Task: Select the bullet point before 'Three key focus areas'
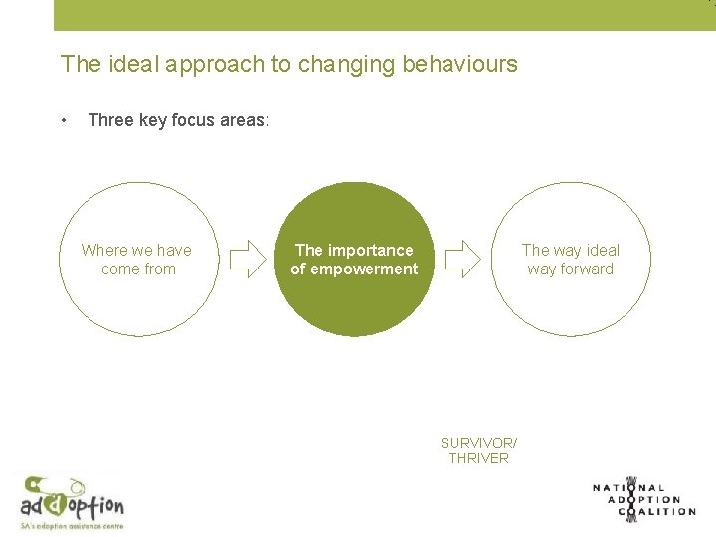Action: click(x=64, y=120)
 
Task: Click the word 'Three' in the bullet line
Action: click(x=110, y=120)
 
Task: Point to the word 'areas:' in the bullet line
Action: click(x=244, y=120)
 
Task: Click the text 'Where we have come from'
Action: click(x=136, y=260)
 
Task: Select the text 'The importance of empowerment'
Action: click(x=354, y=260)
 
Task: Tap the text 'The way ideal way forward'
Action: click(x=570, y=260)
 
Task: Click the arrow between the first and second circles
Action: click(x=248, y=260)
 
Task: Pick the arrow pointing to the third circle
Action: click(x=461, y=260)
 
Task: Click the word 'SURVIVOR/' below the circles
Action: click(x=478, y=442)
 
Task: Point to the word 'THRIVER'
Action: click(x=478, y=458)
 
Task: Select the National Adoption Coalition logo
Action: click(x=643, y=498)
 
